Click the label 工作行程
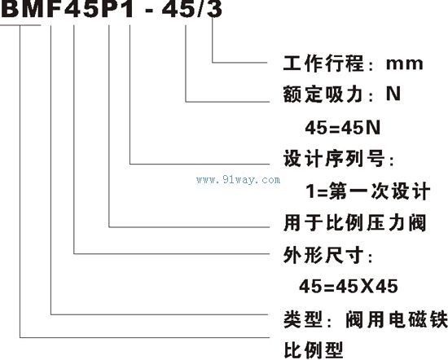click(323, 64)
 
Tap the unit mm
click(404, 64)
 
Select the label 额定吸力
click(323, 94)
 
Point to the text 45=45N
click(343, 127)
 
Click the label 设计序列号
click(333, 158)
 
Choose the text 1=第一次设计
click(367, 191)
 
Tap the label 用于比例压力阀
click(354, 223)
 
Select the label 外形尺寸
click(323, 255)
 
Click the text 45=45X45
click(349, 286)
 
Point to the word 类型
click(303, 318)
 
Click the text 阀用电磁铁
click(397, 318)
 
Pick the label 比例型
click(313, 349)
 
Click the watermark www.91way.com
click(239, 180)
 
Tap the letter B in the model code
click(10, 9)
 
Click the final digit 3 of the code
click(215, 9)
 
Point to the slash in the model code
click(201, 9)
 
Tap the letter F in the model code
click(55, 9)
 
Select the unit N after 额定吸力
click(393, 94)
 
